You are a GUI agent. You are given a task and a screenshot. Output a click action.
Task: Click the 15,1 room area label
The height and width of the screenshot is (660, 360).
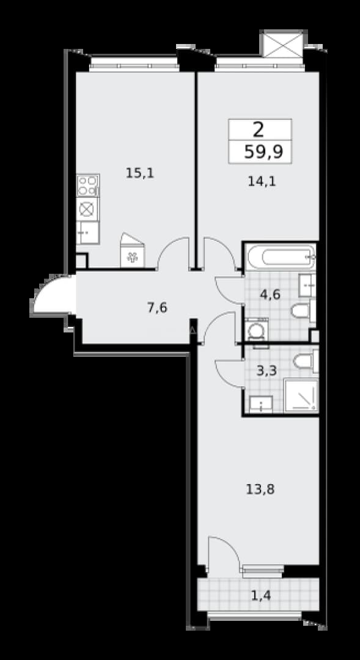(x=140, y=173)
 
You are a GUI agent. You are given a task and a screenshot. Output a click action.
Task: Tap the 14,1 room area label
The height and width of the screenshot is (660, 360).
(x=262, y=182)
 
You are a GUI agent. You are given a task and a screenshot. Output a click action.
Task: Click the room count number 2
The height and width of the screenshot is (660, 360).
(x=259, y=130)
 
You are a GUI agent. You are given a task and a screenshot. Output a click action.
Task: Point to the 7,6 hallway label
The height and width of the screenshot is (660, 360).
(x=157, y=308)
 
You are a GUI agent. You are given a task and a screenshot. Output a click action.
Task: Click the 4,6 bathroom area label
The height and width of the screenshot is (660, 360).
(x=270, y=295)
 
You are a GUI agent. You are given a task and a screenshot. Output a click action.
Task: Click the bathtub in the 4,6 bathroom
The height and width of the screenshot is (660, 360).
(x=281, y=257)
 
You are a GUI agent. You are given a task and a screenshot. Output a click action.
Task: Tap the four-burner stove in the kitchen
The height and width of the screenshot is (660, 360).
(x=87, y=185)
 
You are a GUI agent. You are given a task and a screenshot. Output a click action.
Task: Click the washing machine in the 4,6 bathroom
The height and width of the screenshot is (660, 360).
(x=257, y=331)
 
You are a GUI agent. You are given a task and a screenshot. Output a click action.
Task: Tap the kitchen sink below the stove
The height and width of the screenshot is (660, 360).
(x=87, y=233)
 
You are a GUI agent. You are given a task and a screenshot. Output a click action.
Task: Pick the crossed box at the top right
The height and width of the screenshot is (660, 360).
(x=282, y=44)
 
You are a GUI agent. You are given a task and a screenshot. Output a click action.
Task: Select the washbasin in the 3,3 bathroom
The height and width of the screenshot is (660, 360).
(x=261, y=404)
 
